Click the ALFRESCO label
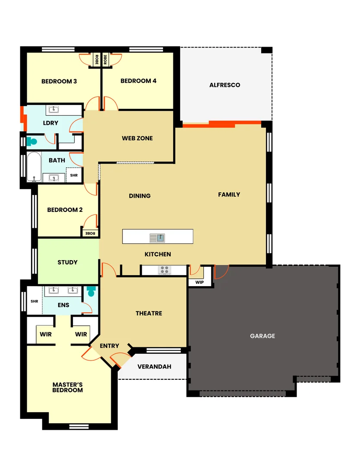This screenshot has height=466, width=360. (x=225, y=85)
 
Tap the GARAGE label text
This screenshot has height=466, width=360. (x=262, y=336)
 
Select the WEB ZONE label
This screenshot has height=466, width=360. (x=137, y=139)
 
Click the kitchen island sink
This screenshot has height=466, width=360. (x=157, y=237)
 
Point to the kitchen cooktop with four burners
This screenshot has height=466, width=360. (x=164, y=270)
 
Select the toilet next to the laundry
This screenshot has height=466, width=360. (x=31, y=141)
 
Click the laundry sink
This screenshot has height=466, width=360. (x=53, y=110)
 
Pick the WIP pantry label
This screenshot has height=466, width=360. (x=199, y=282)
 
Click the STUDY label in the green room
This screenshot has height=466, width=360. (x=68, y=262)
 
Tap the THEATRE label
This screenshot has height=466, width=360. (x=149, y=313)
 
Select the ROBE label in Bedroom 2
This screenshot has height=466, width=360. (x=90, y=233)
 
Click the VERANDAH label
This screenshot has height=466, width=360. (x=154, y=367)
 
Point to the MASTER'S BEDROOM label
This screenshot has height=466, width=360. (x=68, y=387)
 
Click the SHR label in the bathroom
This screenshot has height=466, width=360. (x=74, y=176)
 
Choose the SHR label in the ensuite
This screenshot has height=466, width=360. (x=34, y=301)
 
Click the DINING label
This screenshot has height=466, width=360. (x=140, y=196)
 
